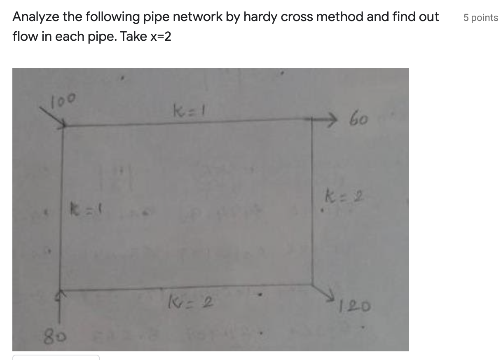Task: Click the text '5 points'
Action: coord(480,18)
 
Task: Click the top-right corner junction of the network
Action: coord(311,120)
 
